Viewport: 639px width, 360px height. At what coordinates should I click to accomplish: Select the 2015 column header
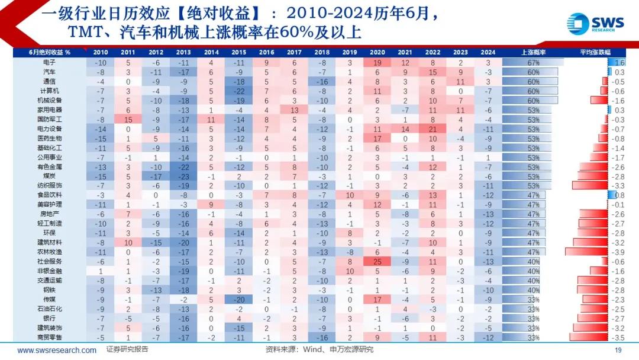click(x=239, y=52)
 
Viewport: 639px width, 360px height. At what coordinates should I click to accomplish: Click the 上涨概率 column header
click(x=533, y=52)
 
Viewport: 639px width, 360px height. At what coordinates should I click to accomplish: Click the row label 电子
click(x=50, y=62)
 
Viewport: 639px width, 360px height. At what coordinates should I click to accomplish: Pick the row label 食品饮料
click(x=50, y=195)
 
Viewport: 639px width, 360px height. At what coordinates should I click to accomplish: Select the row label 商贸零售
click(x=50, y=337)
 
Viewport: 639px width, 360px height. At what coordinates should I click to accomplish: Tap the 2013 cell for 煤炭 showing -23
click(x=183, y=176)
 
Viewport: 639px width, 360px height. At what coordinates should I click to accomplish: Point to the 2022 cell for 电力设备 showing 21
click(x=433, y=128)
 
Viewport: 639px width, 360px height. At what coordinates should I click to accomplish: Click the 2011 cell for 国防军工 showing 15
click(x=128, y=119)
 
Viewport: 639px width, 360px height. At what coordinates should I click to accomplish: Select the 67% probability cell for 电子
click(x=533, y=62)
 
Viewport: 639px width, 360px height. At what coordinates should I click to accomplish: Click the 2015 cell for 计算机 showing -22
click(x=239, y=91)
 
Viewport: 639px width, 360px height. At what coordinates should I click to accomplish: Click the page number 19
click(x=618, y=350)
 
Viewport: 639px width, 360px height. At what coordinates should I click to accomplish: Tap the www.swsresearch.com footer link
click(x=57, y=350)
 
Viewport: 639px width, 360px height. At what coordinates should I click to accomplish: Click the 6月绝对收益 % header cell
click(x=50, y=52)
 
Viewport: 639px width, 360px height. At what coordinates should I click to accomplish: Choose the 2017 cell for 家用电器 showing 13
click(x=294, y=110)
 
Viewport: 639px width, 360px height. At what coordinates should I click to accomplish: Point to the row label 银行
click(x=50, y=318)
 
